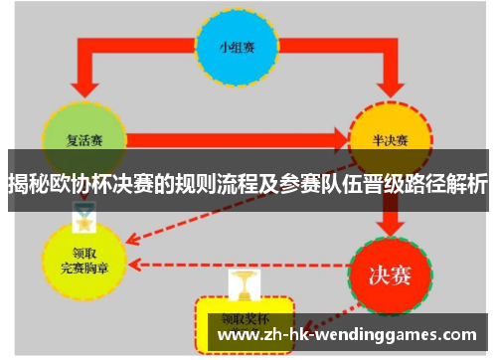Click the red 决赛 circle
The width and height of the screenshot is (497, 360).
pos(389,269)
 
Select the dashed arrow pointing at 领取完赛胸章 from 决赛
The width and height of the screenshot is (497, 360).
pos(239,265)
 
